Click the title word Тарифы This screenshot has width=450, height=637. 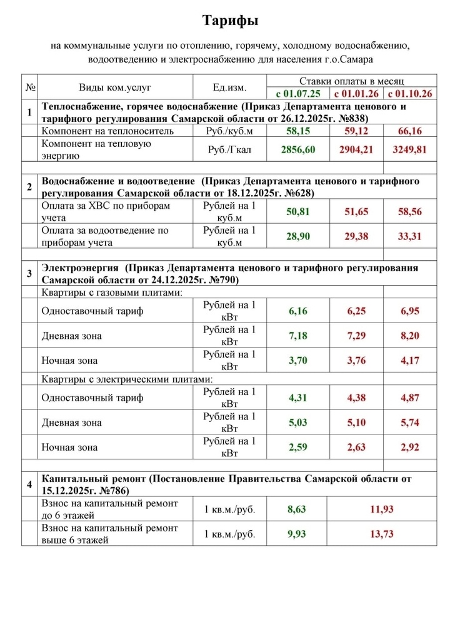[231, 21]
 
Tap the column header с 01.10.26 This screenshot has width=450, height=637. [410, 94]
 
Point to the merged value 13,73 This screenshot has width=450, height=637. [382, 534]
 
